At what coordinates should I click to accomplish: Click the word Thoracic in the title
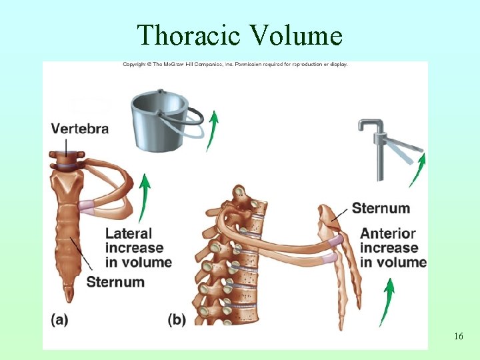coord(189,35)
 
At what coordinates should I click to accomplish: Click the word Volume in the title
coord(297,35)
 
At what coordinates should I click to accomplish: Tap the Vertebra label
coord(80,129)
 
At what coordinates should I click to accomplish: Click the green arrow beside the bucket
coord(212,131)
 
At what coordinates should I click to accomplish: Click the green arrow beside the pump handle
coord(417,170)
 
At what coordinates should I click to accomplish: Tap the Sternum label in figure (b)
coord(381,208)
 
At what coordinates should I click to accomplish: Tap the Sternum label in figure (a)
coord(115,281)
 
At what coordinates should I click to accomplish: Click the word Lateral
coord(129,234)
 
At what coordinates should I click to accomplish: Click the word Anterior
coord(388,234)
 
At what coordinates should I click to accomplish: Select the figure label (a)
coord(59,319)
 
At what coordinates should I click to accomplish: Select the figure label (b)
coord(177,319)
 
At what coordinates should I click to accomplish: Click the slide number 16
coord(458,337)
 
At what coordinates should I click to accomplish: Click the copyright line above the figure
coord(235,65)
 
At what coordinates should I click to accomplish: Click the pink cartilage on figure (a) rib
coord(87,206)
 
